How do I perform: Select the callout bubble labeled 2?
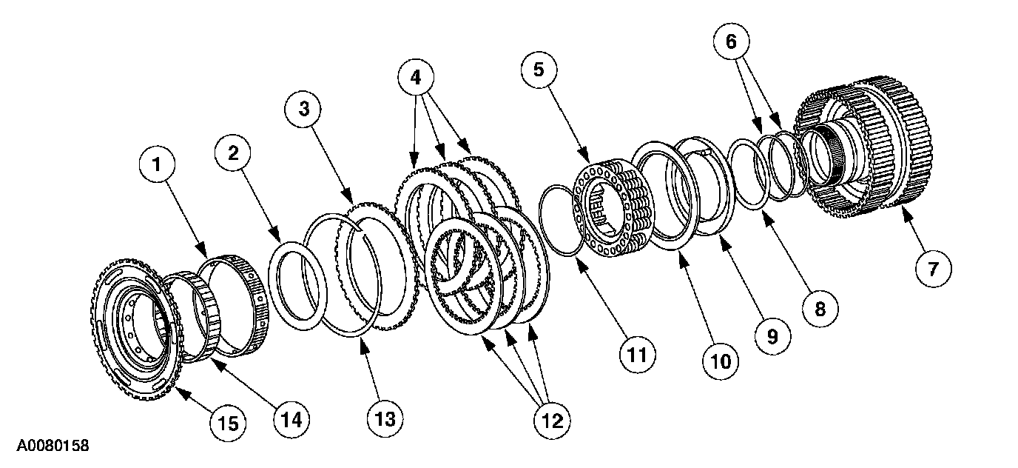pyautogui.click(x=233, y=153)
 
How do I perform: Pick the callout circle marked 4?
pyautogui.click(x=417, y=76)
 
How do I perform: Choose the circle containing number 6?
pyautogui.click(x=732, y=43)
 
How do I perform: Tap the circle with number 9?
pyautogui.click(x=772, y=335)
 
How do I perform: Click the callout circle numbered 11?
pyautogui.click(x=637, y=355)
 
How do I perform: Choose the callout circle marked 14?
pyautogui.click(x=289, y=419)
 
